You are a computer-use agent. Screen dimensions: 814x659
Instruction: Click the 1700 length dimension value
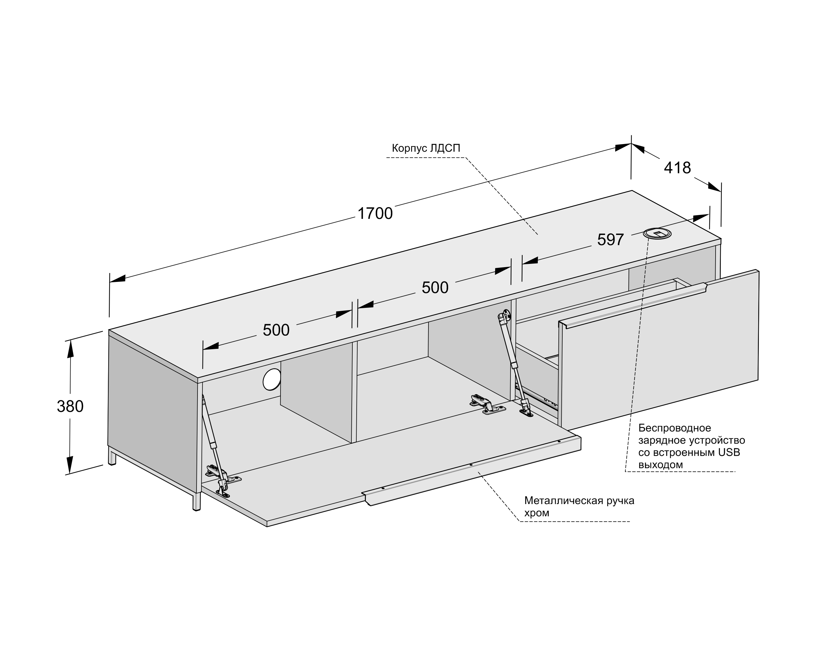pos(375,213)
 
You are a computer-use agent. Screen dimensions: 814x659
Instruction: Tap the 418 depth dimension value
pos(678,168)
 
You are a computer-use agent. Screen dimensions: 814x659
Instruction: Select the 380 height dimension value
pos(70,407)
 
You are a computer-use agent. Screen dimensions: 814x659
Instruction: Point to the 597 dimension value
pos(611,240)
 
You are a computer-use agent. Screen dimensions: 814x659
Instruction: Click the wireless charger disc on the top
pos(657,233)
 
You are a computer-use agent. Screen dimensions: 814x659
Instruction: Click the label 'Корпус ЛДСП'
pos(426,148)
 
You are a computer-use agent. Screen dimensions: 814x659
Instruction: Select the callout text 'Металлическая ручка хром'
pos(579,506)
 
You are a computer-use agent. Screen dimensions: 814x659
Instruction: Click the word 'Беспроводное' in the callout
pos(674,428)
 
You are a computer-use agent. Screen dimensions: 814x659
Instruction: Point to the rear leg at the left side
pos(112,456)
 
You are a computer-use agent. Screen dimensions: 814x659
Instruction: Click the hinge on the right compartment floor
pos(487,404)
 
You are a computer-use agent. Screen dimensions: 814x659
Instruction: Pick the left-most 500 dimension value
pos(276,330)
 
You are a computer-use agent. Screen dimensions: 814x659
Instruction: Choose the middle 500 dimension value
pos(435,287)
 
